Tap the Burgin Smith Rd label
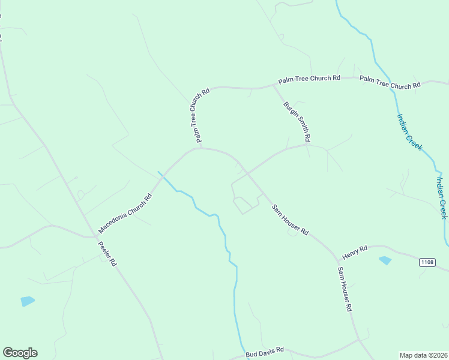tap(297, 122)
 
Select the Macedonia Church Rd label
tap(125, 214)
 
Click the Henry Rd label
tap(354, 251)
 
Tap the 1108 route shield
tap(427, 262)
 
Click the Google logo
tap(20, 353)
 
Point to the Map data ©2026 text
tap(423, 355)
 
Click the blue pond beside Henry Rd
tap(385, 260)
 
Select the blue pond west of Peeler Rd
tap(28, 301)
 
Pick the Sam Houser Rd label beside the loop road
tap(290, 220)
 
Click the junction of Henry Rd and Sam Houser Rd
tap(337, 256)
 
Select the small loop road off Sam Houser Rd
tap(244, 205)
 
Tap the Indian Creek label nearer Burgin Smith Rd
tap(409, 132)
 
